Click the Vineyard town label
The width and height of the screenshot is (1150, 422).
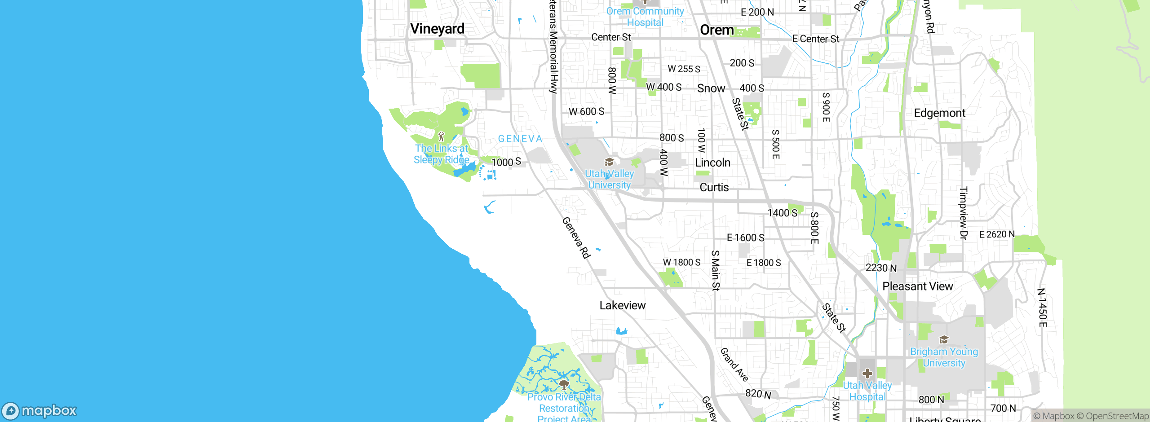[437, 29]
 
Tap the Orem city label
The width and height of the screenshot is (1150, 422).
[717, 30]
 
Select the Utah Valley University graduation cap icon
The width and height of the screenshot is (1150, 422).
[609, 162]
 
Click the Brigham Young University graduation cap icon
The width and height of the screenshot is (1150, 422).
[944, 339]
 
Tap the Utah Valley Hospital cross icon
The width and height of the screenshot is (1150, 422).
[867, 374]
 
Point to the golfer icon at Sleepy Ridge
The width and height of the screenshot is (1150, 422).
[441, 136]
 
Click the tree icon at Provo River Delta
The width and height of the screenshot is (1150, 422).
[564, 384]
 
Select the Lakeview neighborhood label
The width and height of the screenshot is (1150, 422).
[622, 306]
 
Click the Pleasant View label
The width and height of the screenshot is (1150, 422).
[917, 286]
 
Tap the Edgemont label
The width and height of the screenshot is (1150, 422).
[939, 113]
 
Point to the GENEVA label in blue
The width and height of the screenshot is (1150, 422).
[520, 139]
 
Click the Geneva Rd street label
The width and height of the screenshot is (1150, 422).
[576, 238]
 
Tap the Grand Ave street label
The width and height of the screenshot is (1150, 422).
[734, 365]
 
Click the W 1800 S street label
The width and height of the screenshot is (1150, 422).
[681, 262]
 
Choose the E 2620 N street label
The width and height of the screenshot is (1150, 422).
[996, 234]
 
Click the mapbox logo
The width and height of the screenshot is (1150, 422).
[40, 410]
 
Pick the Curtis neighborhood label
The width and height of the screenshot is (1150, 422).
[714, 188]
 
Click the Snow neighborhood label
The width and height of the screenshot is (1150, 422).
[711, 88]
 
